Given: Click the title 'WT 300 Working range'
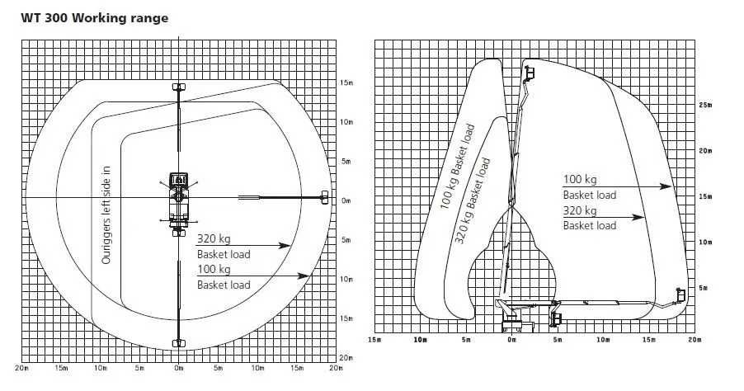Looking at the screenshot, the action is coord(94,18).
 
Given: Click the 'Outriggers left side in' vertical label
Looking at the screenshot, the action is coord(106,215).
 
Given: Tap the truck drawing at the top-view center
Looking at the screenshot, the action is coord(178,200).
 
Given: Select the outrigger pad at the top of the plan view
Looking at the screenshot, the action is coord(178,87).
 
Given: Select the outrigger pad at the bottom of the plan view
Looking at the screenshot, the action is coord(178,343).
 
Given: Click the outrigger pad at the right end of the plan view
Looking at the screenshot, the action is coord(324,197).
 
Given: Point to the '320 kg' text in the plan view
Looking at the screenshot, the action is coord(214,238).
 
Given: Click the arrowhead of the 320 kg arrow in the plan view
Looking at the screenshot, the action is coord(284,245).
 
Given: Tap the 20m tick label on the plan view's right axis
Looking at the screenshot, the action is coord(347,358).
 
